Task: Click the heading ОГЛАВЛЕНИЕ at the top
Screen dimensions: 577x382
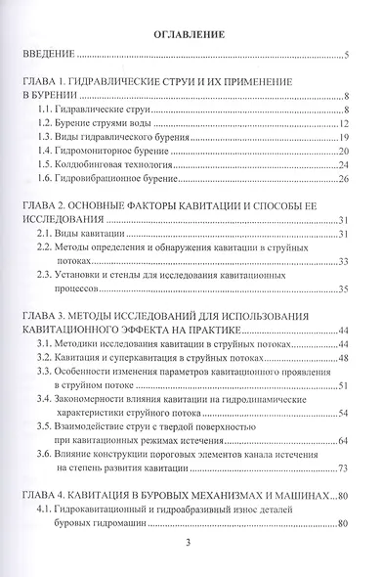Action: coord(190,34)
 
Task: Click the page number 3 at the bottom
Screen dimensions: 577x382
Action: coord(189,565)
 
